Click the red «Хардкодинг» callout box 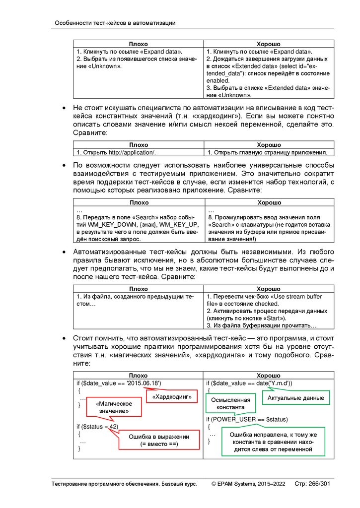(172, 398)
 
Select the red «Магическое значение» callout (114, 408)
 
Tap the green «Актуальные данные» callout (295, 398)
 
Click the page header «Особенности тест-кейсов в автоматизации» (115, 23)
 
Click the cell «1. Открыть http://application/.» (119, 152)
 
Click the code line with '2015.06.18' (119, 383)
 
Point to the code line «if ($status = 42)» (97, 426)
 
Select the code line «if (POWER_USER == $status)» (247, 419)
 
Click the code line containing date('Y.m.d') (249, 383)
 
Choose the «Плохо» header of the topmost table (139, 44)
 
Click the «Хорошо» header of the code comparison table (269, 376)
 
